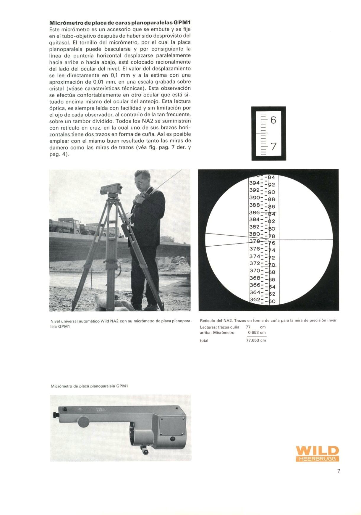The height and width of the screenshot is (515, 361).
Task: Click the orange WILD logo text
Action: pos(317,451)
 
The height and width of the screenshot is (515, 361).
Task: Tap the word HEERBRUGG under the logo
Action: pos(317,459)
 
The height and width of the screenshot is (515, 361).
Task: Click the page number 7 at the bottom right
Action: pos(339,471)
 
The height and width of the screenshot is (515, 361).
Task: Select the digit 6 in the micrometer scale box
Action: pos(273,120)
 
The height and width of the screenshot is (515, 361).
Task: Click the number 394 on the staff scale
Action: pos(254,183)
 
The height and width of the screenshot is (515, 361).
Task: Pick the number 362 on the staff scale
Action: pos(255,300)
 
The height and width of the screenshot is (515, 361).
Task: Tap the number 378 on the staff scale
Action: pos(255,241)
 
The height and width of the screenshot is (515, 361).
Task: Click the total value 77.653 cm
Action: pos(256,340)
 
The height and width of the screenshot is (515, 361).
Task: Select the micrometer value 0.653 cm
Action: pos(257,332)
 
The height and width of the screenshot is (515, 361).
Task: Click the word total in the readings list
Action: pos(204,341)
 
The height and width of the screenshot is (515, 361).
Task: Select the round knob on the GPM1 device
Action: pos(84,421)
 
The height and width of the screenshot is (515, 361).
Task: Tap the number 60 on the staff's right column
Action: pos(272,302)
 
